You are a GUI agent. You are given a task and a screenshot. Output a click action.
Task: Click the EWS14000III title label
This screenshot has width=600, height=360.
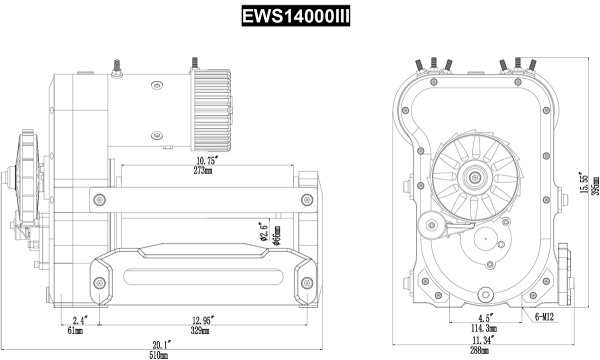[300, 17]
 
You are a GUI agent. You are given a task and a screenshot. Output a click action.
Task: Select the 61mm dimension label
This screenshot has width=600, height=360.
[76, 329]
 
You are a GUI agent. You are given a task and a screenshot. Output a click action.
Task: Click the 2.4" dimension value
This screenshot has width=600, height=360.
[80, 319]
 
